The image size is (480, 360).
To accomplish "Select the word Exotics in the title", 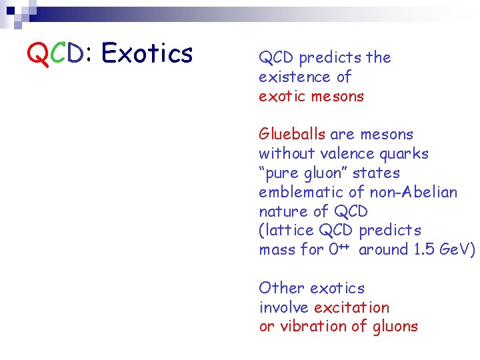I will point(147,53).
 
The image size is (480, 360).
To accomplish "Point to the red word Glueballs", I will point(292,135).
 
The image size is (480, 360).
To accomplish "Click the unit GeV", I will point(455,250).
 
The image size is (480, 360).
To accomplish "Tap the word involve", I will point(284,307).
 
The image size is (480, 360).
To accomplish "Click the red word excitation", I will point(351,307).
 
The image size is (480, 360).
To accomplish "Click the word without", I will point(286,154).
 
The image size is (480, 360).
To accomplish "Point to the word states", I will point(376,173).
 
